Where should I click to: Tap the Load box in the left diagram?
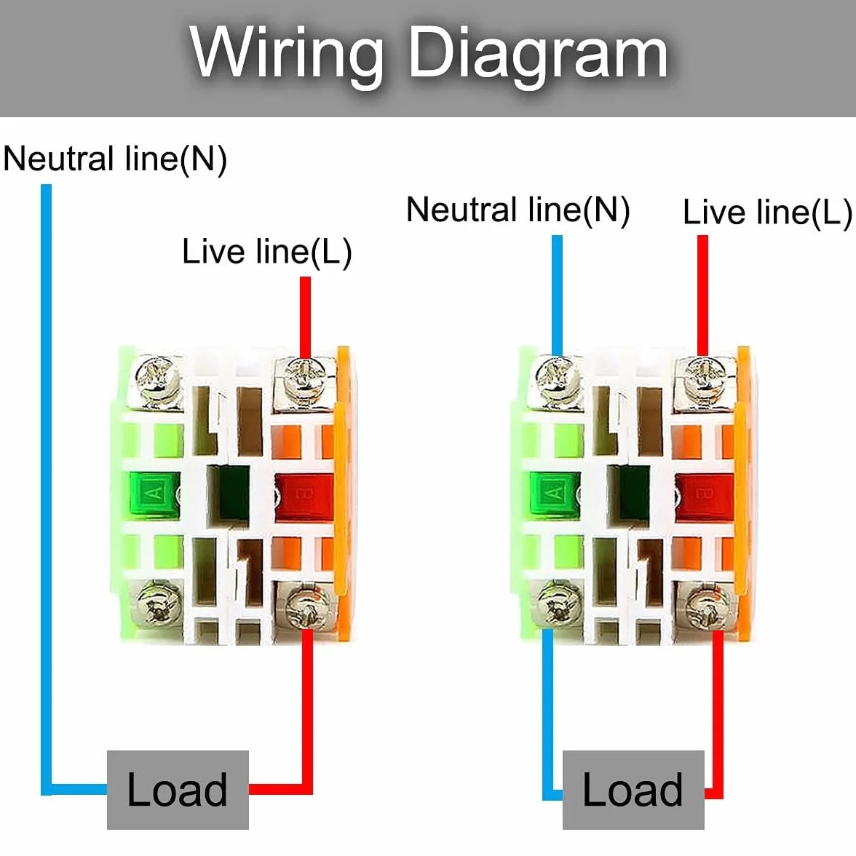pos(178,789)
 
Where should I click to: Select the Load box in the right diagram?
pos(633,789)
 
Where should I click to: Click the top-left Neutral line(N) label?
pos(115,159)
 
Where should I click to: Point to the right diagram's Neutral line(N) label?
pos(518,210)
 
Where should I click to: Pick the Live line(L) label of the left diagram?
pos(267,252)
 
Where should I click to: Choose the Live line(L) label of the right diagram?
pos(767,212)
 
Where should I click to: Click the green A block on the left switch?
pos(154,495)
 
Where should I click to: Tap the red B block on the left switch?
pos(304,496)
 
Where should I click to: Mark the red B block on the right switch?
pos(705,496)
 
